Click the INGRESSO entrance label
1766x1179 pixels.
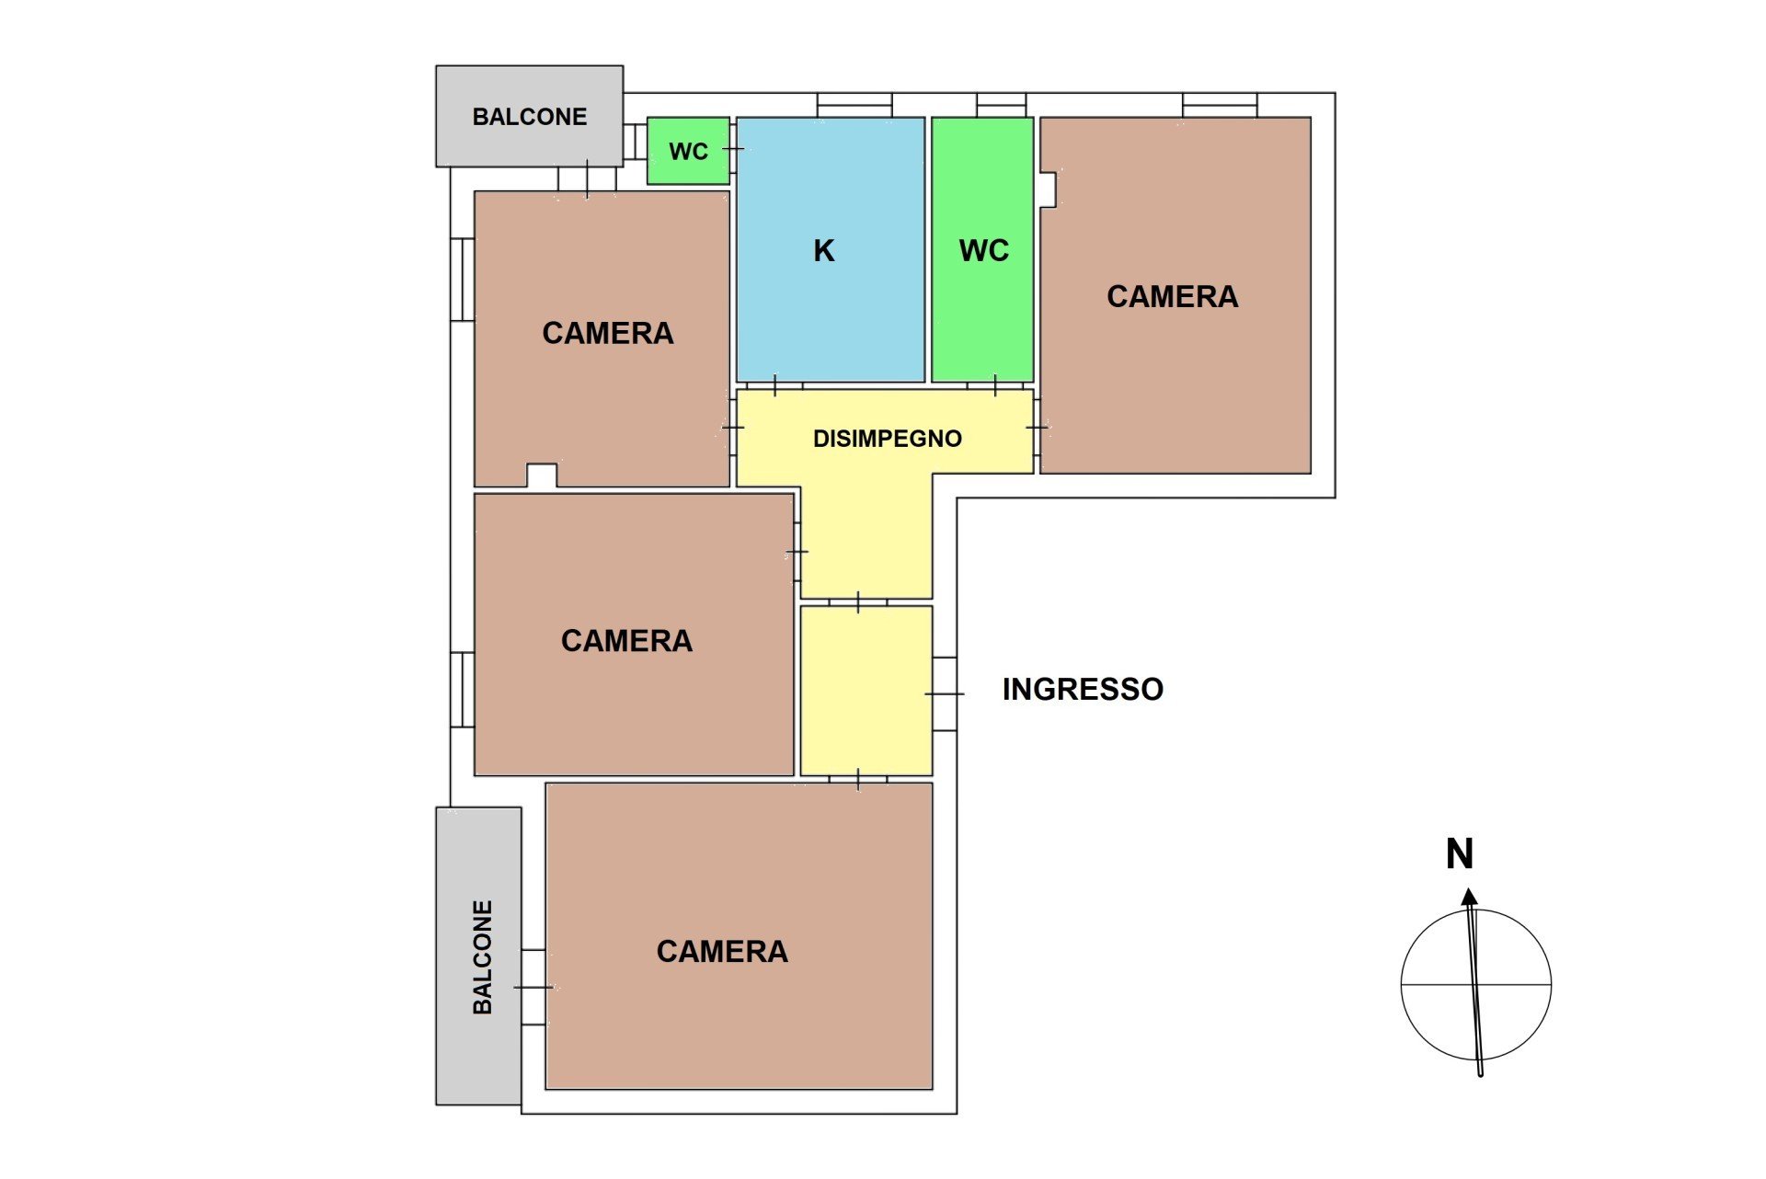1083,689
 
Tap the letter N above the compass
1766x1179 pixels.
1460,853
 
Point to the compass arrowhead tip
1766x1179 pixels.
1469,888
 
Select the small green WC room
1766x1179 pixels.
688,151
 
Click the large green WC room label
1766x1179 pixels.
984,250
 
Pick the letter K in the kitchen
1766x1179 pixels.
824,250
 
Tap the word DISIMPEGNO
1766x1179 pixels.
888,439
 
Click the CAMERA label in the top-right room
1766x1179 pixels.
1173,296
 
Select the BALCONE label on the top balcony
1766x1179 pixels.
530,117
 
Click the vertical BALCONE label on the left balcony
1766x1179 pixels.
482,957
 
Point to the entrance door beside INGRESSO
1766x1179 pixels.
945,693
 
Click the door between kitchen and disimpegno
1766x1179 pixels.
774,385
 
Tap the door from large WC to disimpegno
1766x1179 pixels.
995,385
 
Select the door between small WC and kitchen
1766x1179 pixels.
733,148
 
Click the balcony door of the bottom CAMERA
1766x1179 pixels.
533,987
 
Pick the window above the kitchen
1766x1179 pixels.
854,105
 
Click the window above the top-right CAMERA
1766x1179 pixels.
1220,105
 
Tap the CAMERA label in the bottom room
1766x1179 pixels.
722,951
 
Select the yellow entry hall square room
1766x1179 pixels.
866,691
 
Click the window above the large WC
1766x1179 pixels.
1001,105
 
